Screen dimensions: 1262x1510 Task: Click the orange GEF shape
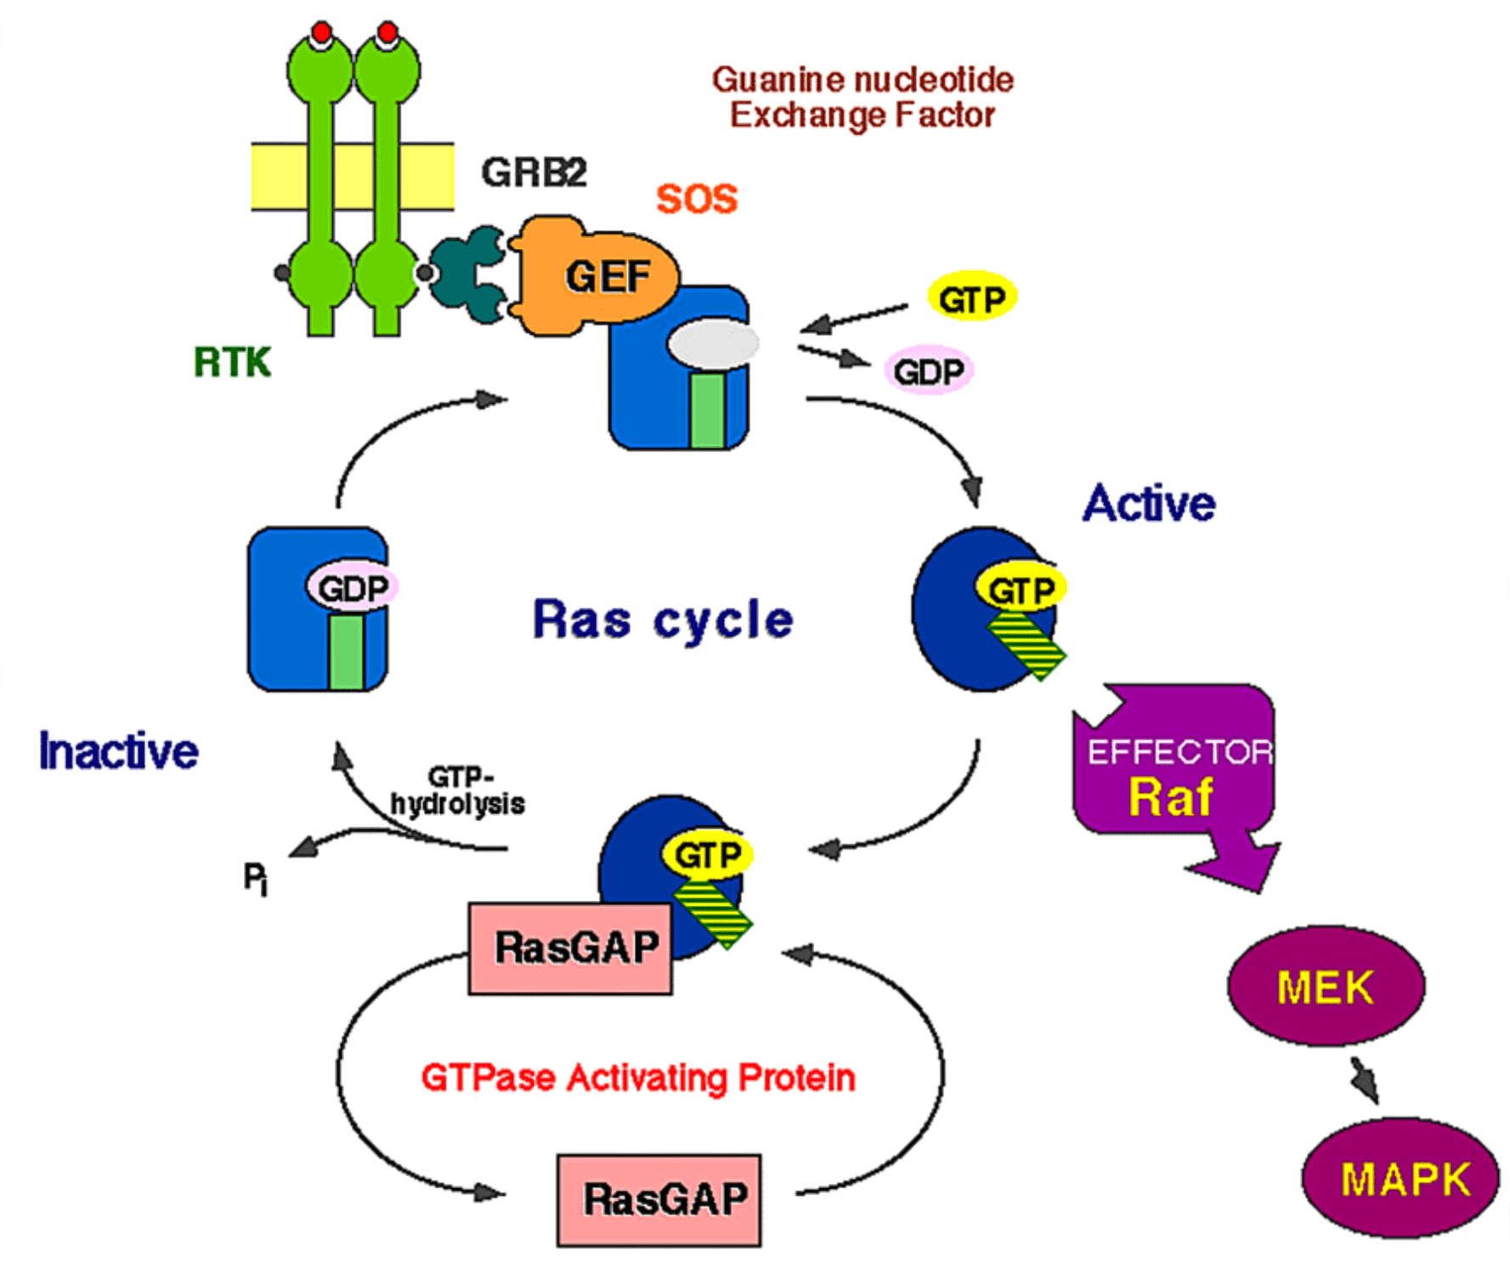[x=595, y=276]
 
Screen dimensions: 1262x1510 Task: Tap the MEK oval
[x=1326, y=986]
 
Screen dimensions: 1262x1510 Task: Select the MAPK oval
[x=1400, y=1178]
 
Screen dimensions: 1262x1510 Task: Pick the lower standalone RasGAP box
[x=659, y=1199]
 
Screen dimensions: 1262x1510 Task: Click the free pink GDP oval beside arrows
[x=929, y=371]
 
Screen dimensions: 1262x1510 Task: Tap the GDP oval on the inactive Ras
[x=353, y=587]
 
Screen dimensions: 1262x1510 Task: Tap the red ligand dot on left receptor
[x=321, y=32]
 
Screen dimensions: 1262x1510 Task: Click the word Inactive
[x=119, y=751]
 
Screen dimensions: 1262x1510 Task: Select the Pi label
[x=255, y=878]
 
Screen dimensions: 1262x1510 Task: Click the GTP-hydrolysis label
[x=459, y=790]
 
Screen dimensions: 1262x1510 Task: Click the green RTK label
[x=232, y=363]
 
